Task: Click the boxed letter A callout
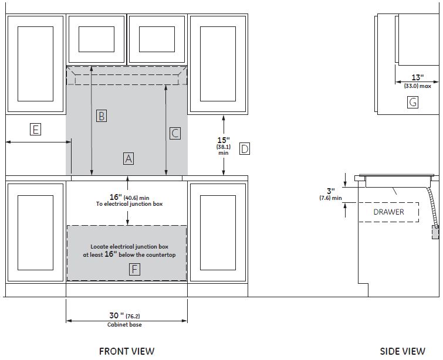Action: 128,158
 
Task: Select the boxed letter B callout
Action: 102,116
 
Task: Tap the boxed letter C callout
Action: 175,133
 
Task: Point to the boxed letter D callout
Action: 245,148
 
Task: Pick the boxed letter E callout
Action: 35,130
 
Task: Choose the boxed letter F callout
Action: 134,269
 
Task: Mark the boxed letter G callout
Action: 412,102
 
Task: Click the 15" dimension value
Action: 224,140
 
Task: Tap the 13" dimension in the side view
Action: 418,77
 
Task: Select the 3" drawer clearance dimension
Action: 331,191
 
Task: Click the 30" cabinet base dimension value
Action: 117,315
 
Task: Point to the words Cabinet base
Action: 124,325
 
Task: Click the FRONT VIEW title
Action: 127,351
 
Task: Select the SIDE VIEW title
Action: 403,351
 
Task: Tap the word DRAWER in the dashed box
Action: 389,212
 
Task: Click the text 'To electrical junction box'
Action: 130,204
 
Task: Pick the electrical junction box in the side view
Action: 435,232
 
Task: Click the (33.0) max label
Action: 418,86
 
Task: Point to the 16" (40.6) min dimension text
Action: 130,197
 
